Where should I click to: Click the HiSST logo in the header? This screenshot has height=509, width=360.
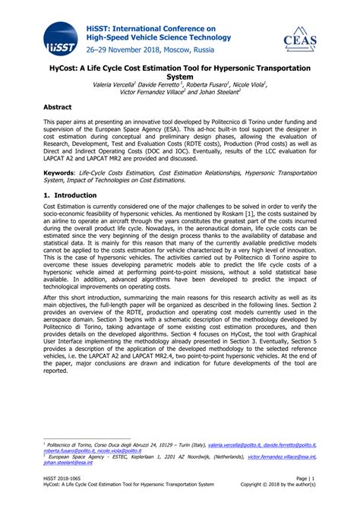click(58, 39)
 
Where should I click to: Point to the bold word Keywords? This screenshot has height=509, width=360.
click(62, 172)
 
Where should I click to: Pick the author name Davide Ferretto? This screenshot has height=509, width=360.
click(176, 84)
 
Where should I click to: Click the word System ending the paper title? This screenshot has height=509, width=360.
click(180, 77)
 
